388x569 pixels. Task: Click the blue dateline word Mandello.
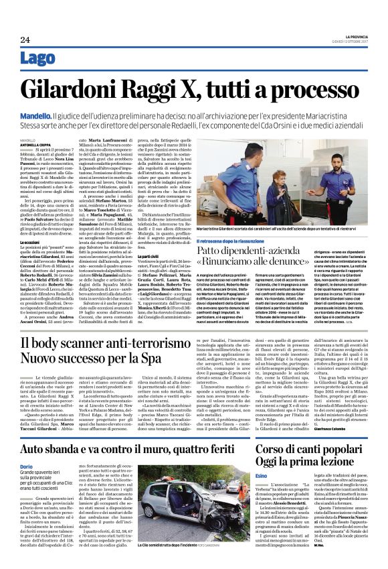[35, 115]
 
